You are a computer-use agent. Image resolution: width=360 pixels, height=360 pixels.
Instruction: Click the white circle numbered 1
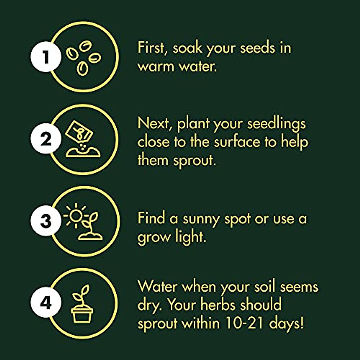pyautogui.click(x=46, y=57)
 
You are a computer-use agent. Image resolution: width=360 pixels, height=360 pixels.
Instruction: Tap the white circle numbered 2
pyautogui.click(x=46, y=139)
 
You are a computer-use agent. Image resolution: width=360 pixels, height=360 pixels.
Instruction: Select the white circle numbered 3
pyautogui.click(x=46, y=221)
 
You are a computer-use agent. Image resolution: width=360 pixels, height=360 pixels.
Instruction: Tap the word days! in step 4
pyautogui.click(x=286, y=323)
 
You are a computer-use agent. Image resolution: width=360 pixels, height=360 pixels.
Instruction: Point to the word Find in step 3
pyautogui.click(x=151, y=219)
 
